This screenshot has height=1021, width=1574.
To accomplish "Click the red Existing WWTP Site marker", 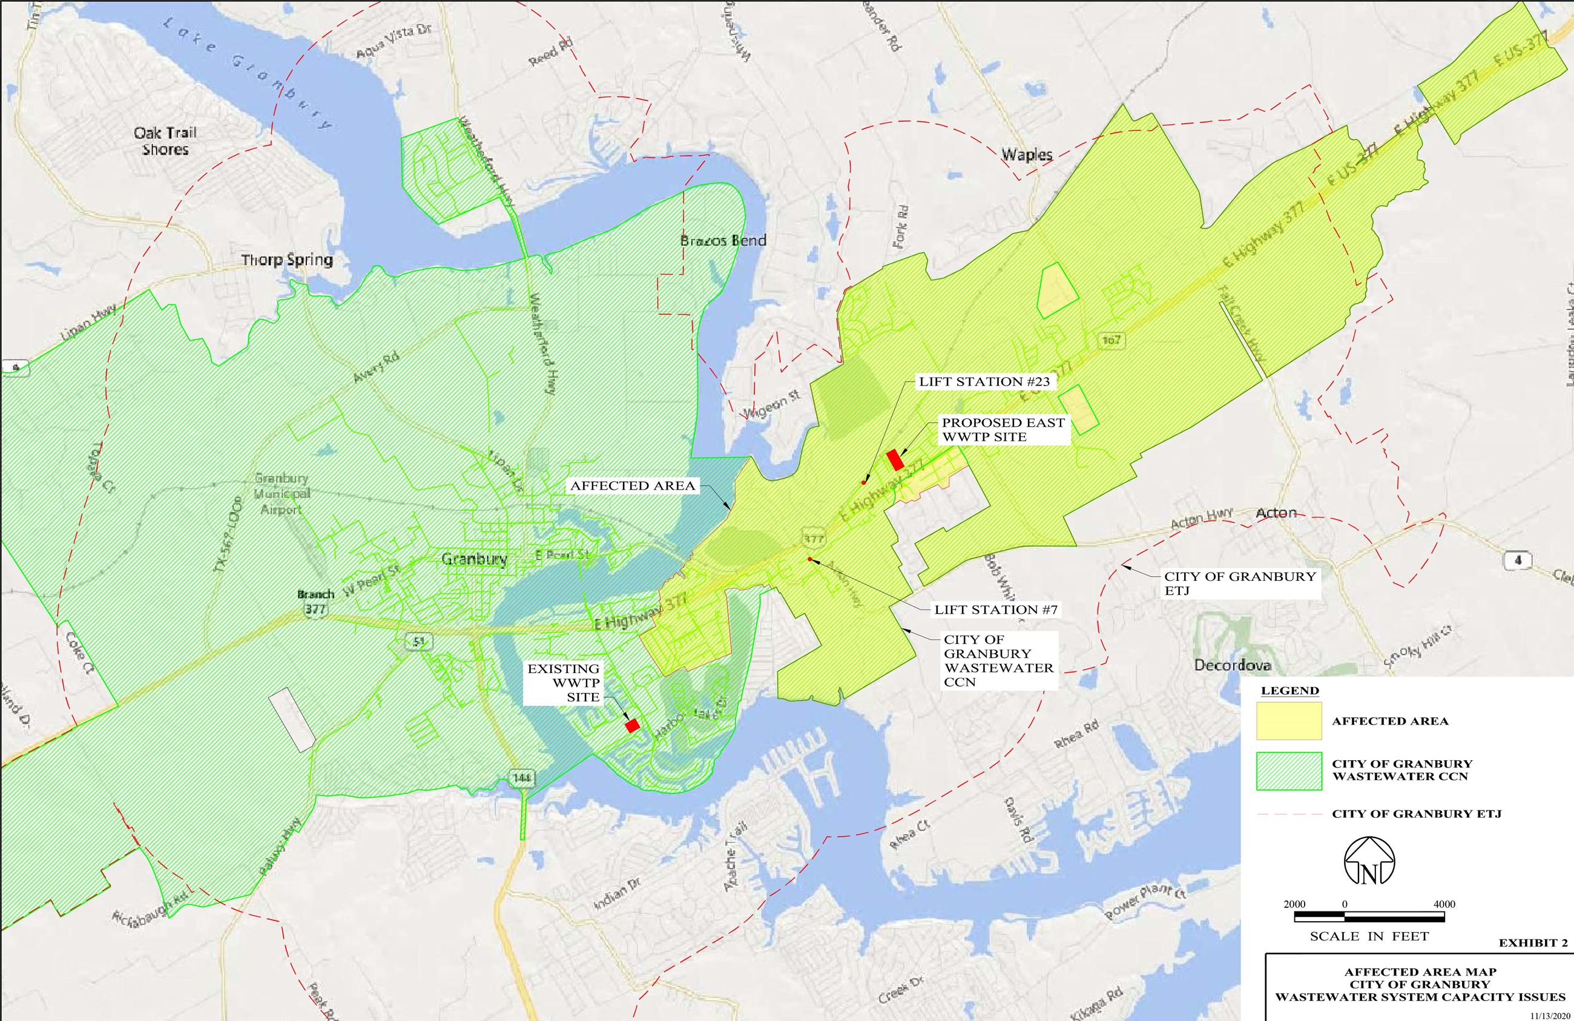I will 632,726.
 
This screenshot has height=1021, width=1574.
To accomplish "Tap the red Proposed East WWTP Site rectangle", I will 895,459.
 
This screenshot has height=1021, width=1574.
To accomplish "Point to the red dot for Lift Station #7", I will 809,559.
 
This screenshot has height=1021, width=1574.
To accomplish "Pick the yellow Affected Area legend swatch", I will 1289,721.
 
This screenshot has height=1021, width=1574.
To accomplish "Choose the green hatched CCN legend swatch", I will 1289,770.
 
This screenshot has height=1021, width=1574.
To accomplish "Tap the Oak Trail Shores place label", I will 165,141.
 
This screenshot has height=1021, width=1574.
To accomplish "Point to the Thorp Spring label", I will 287,260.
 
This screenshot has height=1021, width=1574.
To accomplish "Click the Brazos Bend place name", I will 723,240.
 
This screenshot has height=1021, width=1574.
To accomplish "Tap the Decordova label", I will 1232,665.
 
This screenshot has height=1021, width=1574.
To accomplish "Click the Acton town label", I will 1276,513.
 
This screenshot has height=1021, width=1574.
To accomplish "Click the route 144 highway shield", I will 522,778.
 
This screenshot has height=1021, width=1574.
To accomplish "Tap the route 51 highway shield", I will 417,640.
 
